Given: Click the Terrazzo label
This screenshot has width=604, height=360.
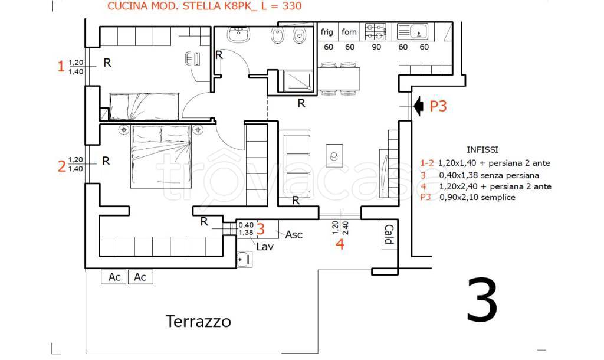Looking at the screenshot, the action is click(198, 321).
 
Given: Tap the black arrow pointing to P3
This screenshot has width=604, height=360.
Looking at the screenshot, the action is click(418, 106).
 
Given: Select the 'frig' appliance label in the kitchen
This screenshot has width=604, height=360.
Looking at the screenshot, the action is click(327, 32).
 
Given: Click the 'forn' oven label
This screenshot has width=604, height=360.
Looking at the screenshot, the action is click(349, 32).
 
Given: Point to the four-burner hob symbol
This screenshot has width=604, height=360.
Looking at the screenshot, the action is click(376, 32).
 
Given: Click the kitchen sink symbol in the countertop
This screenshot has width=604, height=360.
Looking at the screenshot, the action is click(412, 32).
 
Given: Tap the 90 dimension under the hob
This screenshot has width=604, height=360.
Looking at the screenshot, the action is click(376, 47).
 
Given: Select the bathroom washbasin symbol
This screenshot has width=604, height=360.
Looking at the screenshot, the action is click(239, 34).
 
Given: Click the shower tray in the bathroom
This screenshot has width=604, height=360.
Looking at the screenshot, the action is click(298, 80).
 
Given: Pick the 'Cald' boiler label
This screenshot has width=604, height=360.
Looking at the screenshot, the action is click(389, 234).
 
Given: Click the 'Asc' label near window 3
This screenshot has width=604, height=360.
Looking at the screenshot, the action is click(294, 234).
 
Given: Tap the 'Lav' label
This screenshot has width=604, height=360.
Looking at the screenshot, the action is click(265, 246).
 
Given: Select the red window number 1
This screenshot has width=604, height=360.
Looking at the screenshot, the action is click(61, 66).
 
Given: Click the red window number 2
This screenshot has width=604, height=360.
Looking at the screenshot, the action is click(61, 166).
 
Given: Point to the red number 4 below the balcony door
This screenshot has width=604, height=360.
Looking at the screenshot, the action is click(340, 244).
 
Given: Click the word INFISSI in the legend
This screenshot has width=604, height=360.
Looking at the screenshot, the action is click(482, 149).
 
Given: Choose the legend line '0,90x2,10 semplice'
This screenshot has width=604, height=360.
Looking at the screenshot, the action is click(477, 197).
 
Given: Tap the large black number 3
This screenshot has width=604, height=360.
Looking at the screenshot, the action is click(482, 300).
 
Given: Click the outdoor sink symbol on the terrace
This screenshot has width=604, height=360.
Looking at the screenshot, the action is click(245, 259).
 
